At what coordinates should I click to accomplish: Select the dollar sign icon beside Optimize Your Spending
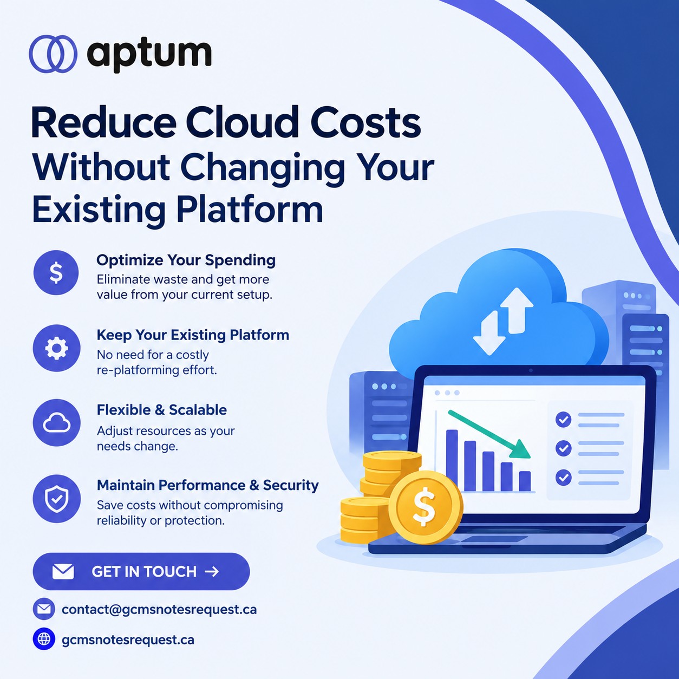click(x=56, y=273)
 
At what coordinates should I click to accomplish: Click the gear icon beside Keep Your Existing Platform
click(x=56, y=348)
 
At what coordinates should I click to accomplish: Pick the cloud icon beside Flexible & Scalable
click(x=56, y=422)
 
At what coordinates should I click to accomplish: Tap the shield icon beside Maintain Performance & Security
click(x=56, y=499)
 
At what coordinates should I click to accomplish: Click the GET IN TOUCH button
click(x=141, y=572)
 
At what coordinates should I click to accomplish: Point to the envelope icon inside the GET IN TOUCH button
click(x=63, y=572)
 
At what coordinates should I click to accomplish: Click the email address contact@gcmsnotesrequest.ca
click(x=159, y=610)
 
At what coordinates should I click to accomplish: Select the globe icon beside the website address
click(x=44, y=638)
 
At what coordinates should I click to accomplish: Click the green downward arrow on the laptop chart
click(x=489, y=434)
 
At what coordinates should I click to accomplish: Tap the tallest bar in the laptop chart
click(x=452, y=460)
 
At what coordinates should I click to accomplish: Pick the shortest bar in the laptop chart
click(x=525, y=481)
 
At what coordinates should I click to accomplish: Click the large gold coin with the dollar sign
click(x=425, y=507)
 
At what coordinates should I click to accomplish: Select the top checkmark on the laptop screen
click(x=564, y=419)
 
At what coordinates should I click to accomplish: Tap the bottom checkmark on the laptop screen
click(x=564, y=477)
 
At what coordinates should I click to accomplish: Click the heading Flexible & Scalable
click(x=162, y=410)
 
